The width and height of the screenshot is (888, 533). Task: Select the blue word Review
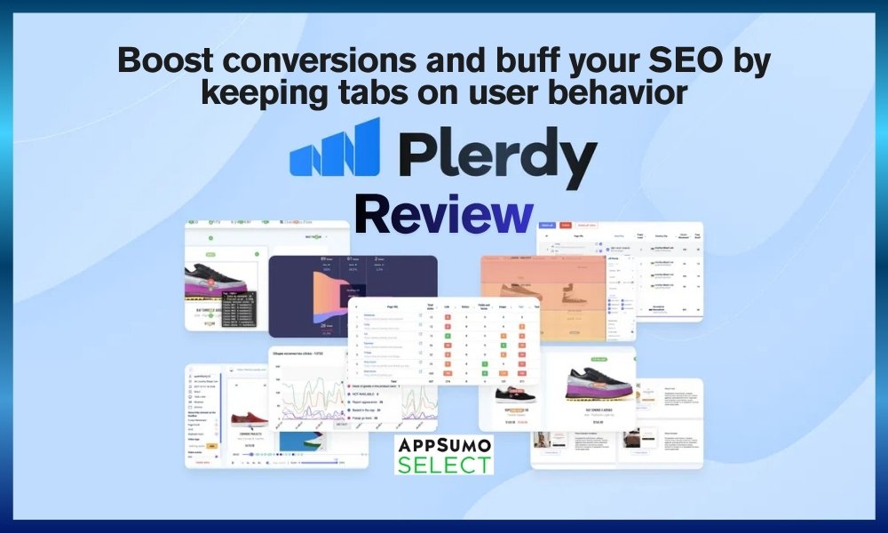pos(443,216)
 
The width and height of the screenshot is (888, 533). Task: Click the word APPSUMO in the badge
pos(443,443)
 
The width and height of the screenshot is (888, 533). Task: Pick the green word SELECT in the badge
pos(443,464)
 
